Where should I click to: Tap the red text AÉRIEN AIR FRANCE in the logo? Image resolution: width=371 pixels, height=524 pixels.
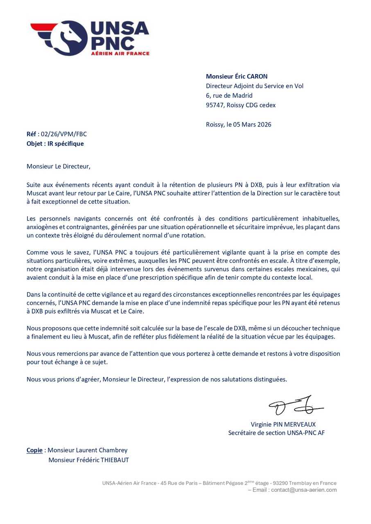(x=120, y=53)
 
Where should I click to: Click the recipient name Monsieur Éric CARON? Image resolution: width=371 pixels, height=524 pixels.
(x=237, y=77)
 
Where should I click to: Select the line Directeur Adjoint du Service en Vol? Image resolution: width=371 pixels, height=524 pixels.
(x=254, y=86)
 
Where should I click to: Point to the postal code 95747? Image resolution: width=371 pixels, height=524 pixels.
(x=214, y=105)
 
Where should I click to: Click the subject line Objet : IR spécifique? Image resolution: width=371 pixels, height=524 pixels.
(x=55, y=144)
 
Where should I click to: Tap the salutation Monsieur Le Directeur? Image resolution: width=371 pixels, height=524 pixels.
(x=58, y=166)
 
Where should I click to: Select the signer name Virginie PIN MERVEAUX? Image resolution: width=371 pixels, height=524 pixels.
(x=283, y=425)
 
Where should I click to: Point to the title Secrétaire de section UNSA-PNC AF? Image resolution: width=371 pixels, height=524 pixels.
(x=276, y=433)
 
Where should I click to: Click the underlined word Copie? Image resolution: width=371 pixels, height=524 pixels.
(x=34, y=450)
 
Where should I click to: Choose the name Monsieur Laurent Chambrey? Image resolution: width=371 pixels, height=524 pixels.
(x=87, y=450)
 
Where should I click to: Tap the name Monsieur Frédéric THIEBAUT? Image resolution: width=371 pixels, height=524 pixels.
(x=88, y=460)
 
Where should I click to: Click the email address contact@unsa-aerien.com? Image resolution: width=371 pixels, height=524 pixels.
(x=303, y=490)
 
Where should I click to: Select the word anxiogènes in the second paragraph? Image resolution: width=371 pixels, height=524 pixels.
(x=42, y=227)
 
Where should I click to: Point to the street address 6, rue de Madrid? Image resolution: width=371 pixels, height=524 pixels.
(x=229, y=96)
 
